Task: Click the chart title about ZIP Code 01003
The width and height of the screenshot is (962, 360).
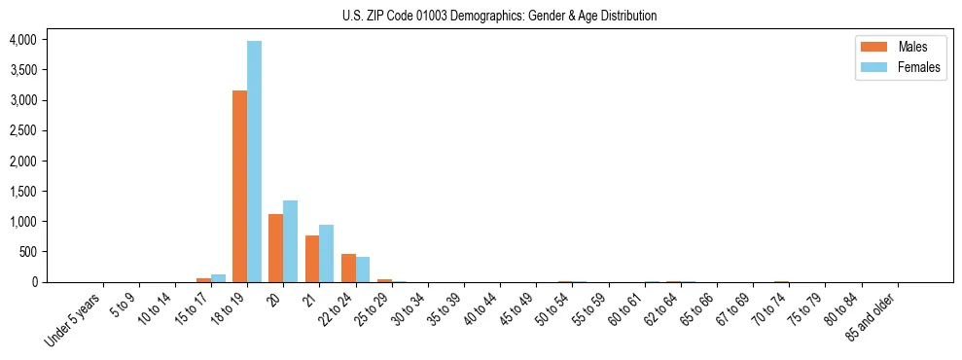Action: click(499, 16)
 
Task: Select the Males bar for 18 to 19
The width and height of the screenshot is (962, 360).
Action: click(239, 186)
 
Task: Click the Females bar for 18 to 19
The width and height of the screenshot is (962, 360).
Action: click(254, 162)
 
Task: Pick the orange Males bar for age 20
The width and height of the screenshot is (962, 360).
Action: click(275, 248)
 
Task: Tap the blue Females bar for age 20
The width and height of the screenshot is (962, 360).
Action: click(290, 241)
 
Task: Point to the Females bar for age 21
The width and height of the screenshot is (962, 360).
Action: click(327, 254)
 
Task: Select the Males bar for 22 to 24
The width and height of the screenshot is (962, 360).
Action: click(348, 268)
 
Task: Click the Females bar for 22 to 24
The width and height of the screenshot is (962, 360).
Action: click(363, 270)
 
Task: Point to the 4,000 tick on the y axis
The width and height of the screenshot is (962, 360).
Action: click(22, 40)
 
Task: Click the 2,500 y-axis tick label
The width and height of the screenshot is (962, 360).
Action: click(22, 130)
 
